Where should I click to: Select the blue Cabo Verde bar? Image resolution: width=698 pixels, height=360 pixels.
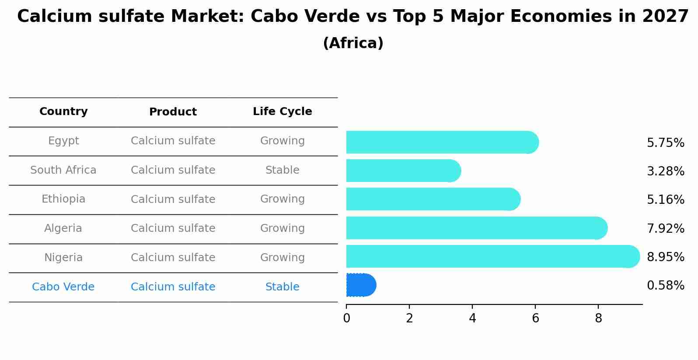361,285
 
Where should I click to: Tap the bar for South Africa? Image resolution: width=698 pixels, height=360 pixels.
403,171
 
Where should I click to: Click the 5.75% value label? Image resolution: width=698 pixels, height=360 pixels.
665,143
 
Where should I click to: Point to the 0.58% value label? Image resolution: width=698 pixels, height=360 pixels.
665,286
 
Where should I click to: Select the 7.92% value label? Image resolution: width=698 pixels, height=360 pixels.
665,228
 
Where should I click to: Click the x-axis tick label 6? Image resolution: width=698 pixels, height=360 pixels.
535,318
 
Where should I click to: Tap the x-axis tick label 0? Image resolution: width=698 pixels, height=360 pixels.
346,318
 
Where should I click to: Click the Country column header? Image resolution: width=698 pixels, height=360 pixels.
63,112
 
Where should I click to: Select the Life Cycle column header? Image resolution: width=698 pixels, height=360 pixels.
282,112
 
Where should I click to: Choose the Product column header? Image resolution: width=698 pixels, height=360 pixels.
173,112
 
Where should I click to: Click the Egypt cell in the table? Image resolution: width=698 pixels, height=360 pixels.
63,141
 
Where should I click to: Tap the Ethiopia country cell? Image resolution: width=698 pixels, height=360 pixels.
63,199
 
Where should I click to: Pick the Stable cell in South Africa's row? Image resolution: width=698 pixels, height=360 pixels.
282,170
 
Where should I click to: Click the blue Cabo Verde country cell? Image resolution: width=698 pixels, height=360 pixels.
63,287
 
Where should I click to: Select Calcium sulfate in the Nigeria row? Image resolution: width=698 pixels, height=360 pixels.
173,258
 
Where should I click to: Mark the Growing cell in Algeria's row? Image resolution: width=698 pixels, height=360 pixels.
282,228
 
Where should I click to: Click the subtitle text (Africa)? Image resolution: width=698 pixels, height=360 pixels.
353,43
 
